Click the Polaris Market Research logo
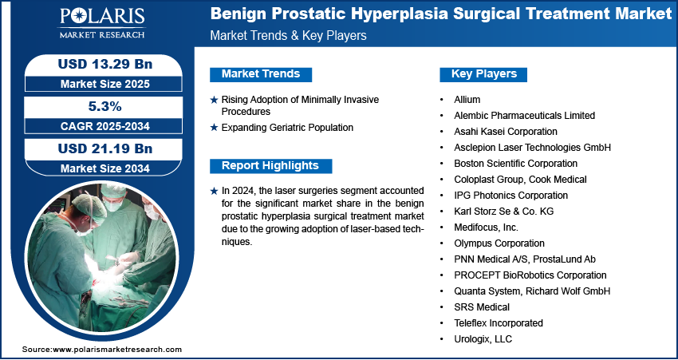[102, 23]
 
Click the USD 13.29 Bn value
[105, 65]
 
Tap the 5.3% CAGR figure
[104, 106]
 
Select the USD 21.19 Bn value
[105, 148]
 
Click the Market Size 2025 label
[105, 84]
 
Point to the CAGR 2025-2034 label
[105, 126]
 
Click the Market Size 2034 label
[105, 168]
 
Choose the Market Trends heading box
[261, 74]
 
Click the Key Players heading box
[483, 74]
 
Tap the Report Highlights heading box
[270, 166]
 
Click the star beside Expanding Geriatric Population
[214, 128]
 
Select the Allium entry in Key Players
[467, 100]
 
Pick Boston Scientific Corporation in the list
[515, 164]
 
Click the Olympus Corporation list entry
[499, 243]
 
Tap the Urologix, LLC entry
[483, 339]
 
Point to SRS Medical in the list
[482, 307]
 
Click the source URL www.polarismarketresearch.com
[117, 350]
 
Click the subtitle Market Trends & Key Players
[288, 35]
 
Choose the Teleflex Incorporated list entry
[499, 323]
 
